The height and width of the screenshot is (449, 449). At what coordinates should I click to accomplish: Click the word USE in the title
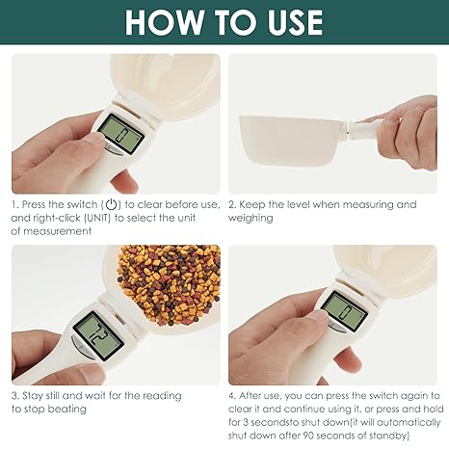(x=285, y=22)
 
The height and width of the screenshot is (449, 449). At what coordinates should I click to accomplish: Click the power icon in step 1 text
(x=112, y=204)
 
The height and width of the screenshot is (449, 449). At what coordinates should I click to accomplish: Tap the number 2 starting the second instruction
(x=232, y=204)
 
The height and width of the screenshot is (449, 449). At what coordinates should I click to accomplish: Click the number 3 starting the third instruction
(x=14, y=395)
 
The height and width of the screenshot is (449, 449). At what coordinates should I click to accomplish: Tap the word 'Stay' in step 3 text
(x=34, y=395)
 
